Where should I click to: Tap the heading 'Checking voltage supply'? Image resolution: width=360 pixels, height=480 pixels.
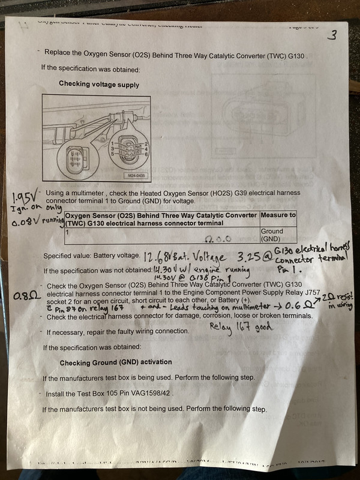[99, 85]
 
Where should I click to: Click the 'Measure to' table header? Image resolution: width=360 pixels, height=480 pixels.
[278, 215]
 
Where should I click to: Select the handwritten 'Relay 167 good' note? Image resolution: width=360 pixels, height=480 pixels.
[241, 328]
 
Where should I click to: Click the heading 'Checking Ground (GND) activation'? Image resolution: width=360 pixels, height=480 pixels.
[115, 363]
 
